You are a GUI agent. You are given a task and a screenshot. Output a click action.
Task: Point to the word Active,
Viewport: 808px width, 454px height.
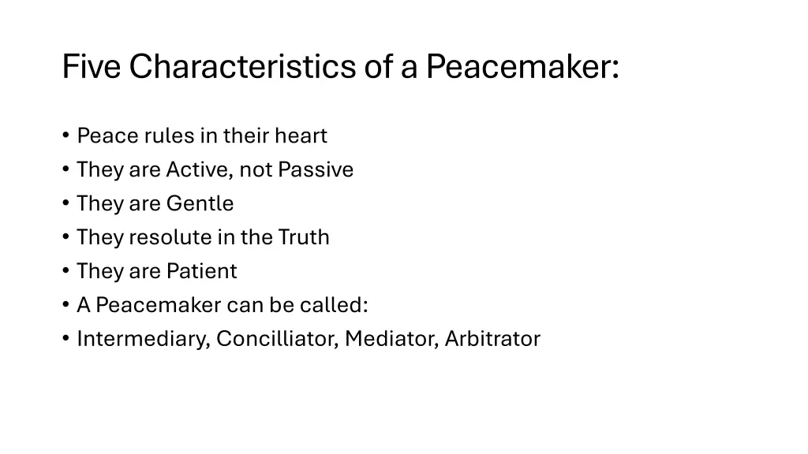[x=200, y=170]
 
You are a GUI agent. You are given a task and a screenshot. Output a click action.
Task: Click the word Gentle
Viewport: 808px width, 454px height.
[x=200, y=204]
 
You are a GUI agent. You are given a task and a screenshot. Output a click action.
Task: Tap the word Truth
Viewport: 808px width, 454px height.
[x=304, y=238]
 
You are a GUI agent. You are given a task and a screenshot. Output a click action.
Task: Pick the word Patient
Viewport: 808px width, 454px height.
[x=201, y=272]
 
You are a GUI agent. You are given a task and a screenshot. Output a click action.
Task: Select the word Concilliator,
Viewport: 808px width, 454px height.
[x=278, y=340]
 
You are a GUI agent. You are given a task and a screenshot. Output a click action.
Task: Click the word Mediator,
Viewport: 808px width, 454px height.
[x=391, y=340]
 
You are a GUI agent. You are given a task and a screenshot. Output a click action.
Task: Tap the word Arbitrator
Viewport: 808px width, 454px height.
[x=492, y=340]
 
